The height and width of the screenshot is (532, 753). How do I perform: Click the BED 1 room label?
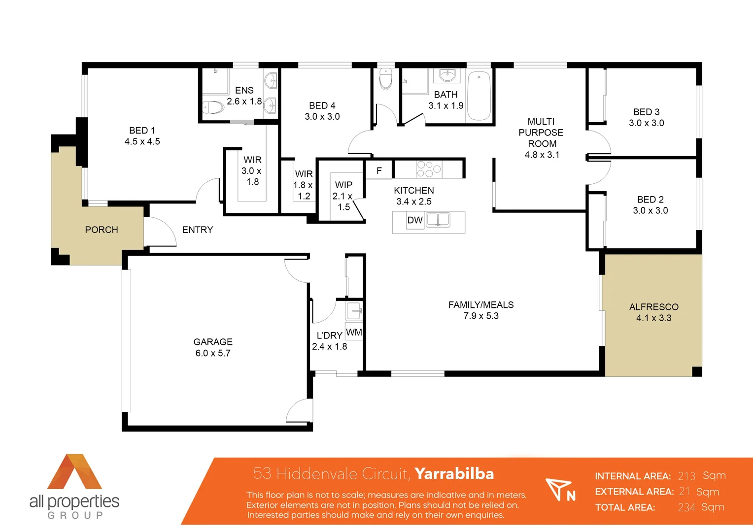142,131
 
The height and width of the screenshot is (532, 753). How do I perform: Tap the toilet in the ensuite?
213,107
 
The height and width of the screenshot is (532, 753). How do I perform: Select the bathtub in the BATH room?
479,96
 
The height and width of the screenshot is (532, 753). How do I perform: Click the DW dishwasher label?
415,220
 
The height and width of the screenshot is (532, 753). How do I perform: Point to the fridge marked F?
379,170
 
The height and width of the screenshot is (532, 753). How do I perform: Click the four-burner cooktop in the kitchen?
429,169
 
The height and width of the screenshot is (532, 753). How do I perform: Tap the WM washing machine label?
354,332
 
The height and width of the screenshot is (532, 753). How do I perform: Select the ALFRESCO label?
653,307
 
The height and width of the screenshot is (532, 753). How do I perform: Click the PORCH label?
102,230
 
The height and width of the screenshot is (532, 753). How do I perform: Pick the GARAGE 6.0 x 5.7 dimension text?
213,353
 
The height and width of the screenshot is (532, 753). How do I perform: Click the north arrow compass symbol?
560,489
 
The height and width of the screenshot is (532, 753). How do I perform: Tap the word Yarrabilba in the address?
454,473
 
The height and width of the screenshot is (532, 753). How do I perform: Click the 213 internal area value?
686,476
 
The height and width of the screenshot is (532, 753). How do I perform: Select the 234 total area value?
686,507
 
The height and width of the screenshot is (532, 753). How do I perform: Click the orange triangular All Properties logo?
74,472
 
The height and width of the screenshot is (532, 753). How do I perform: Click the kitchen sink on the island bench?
438,219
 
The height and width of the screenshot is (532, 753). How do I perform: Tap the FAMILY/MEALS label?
481,305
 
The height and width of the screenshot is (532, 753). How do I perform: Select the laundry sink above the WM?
354,311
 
